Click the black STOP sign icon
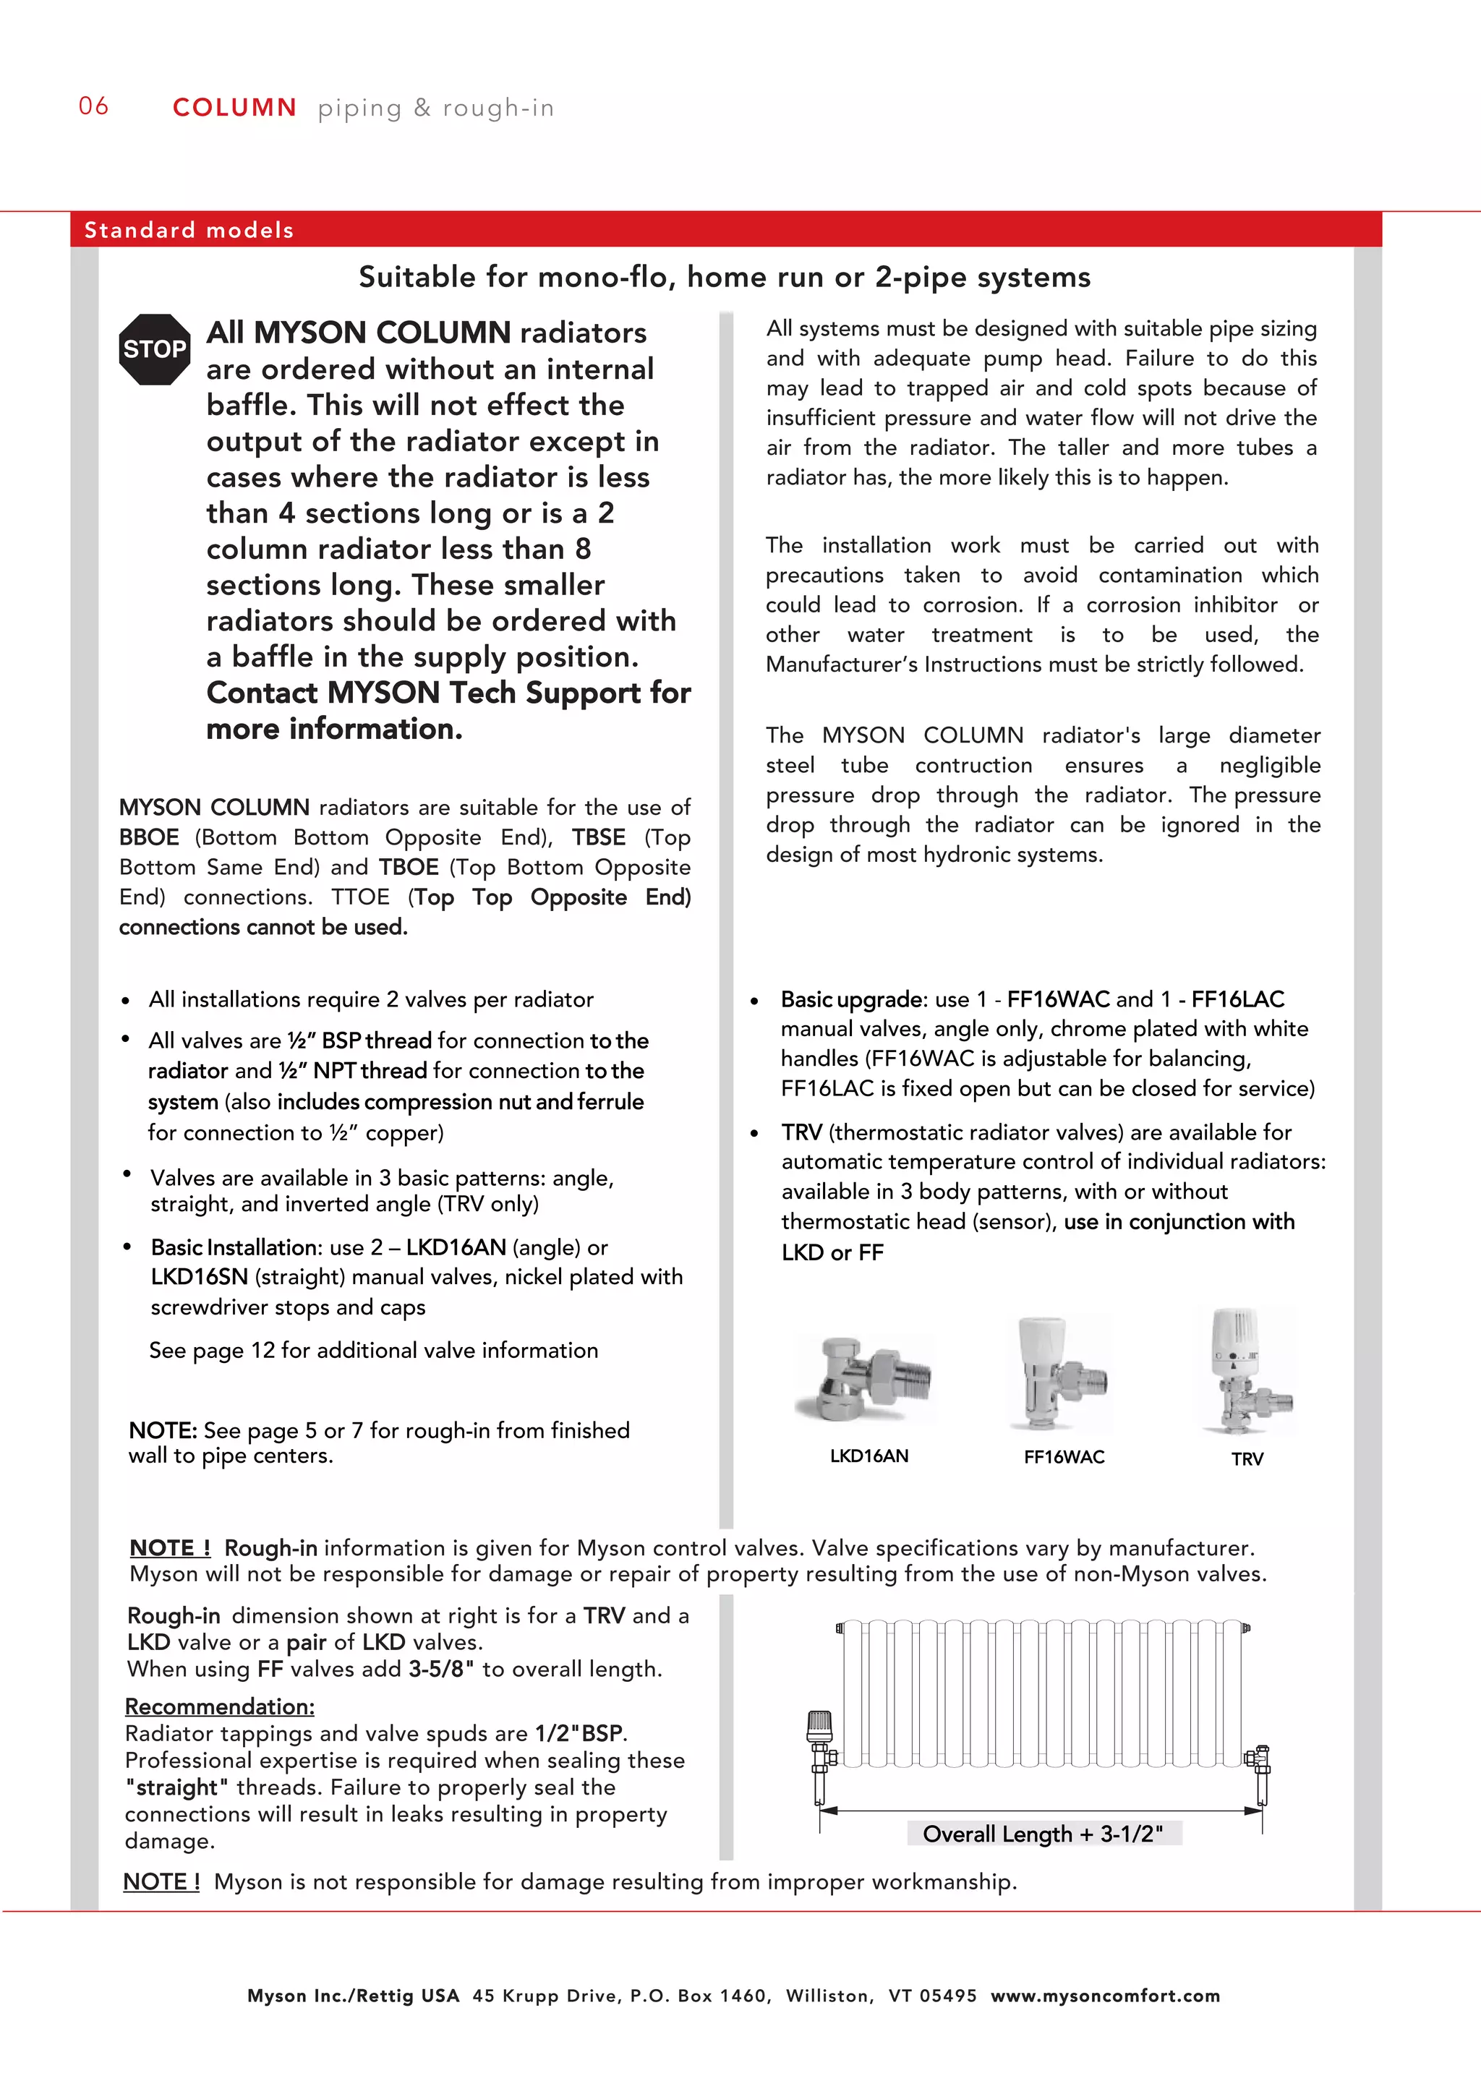point(154,349)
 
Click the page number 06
point(93,107)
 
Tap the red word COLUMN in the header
point(234,108)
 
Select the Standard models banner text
point(189,230)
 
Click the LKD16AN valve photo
point(866,1378)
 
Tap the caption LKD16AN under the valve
point(868,1456)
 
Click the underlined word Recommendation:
point(220,1706)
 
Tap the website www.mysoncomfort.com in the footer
point(1105,1996)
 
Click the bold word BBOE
point(149,837)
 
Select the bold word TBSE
point(598,837)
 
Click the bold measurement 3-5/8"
point(440,1669)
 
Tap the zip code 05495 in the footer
point(947,1996)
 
